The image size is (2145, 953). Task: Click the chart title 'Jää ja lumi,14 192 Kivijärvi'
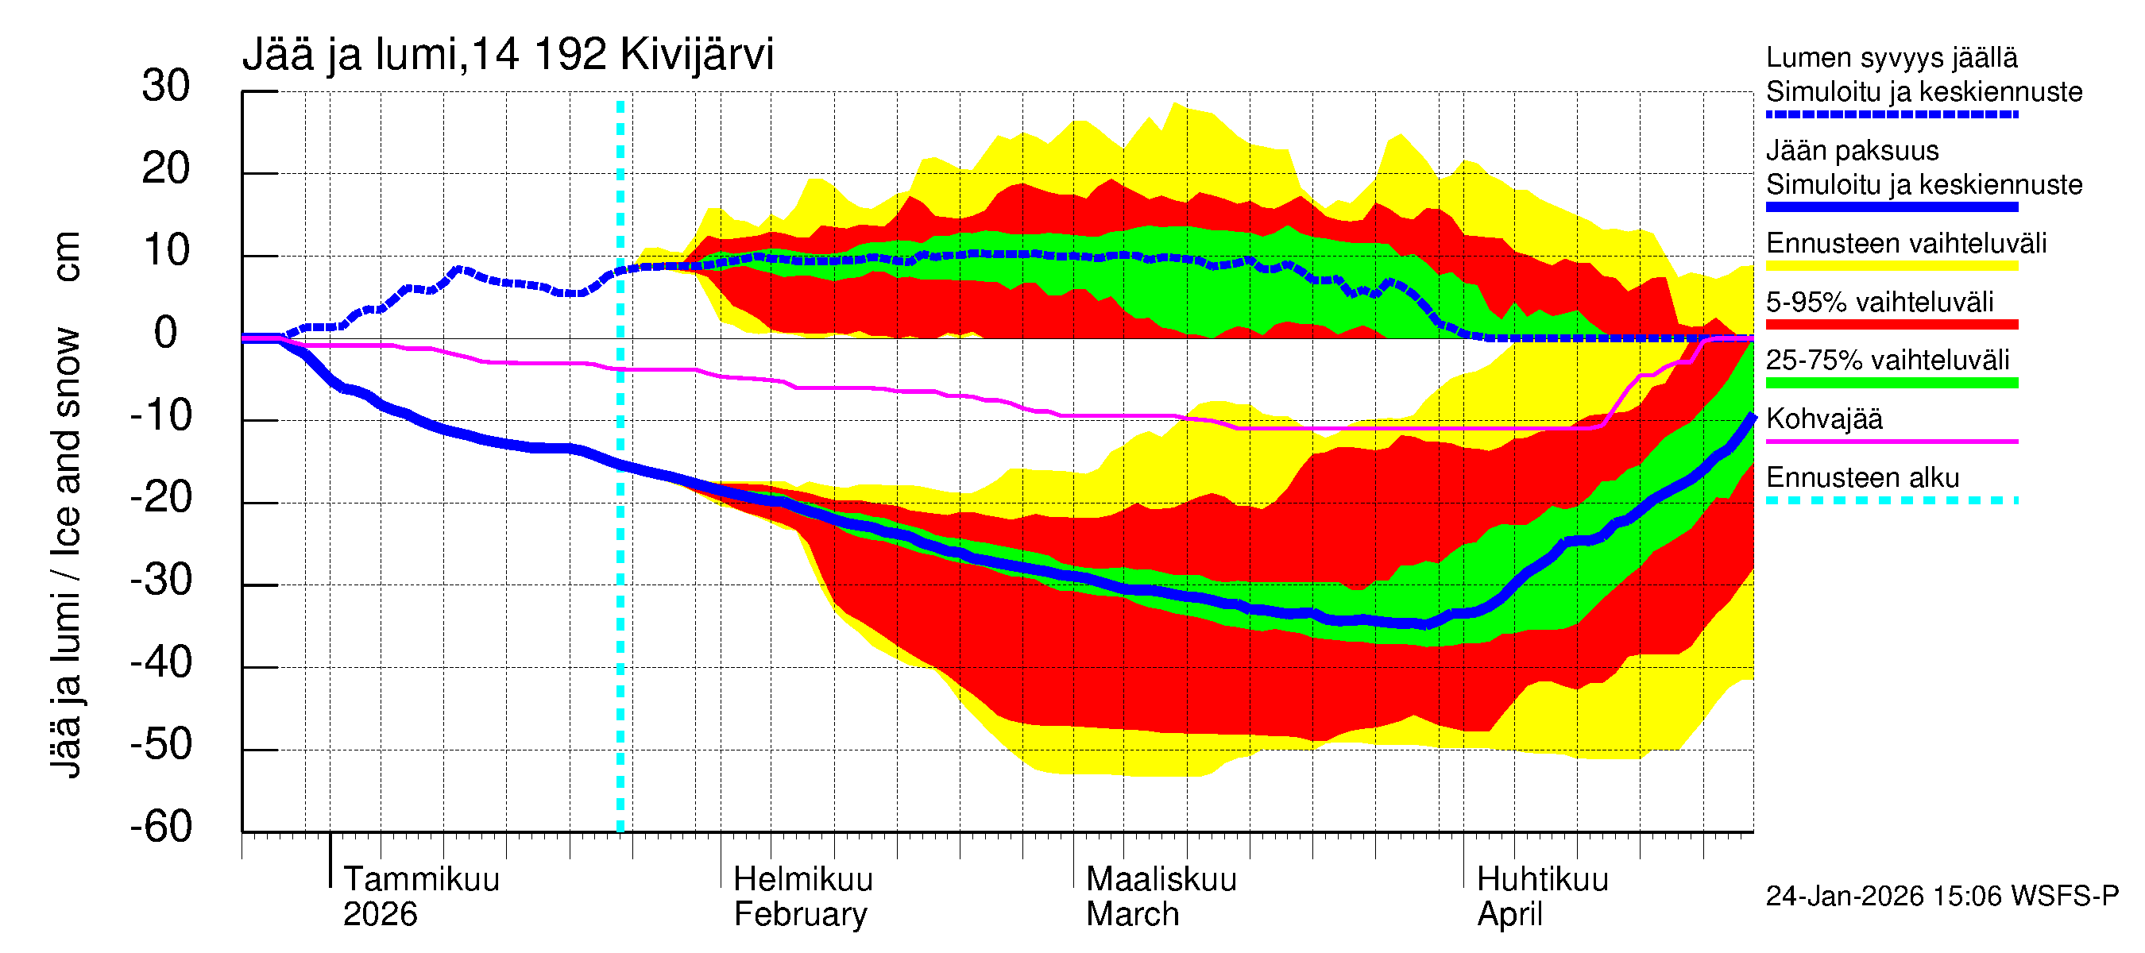coord(508,55)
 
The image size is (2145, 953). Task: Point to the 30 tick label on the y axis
coord(166,86)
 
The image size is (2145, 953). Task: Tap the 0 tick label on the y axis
coord(166,333)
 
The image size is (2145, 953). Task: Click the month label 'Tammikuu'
coord(421,880)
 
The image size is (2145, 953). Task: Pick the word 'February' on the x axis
coord(800,915)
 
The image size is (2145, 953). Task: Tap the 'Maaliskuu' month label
coord(1161,880)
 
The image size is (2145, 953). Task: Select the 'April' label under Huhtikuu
coord(1509,915)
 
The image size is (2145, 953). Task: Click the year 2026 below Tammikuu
coord(380,915)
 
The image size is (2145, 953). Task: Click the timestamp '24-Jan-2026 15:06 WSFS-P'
coord(1942,897)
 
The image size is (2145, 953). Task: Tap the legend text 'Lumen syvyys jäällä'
coord(1892,57)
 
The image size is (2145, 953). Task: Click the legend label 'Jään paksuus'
coord(1853,151)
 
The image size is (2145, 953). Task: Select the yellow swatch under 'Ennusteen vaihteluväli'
coord(1892,266)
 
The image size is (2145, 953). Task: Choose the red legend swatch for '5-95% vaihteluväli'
coord(1892,325)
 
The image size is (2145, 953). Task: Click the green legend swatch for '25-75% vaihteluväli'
coord(1892,383)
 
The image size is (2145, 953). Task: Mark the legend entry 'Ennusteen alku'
coord(1863,478)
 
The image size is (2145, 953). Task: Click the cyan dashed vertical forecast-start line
coord(620,583)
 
